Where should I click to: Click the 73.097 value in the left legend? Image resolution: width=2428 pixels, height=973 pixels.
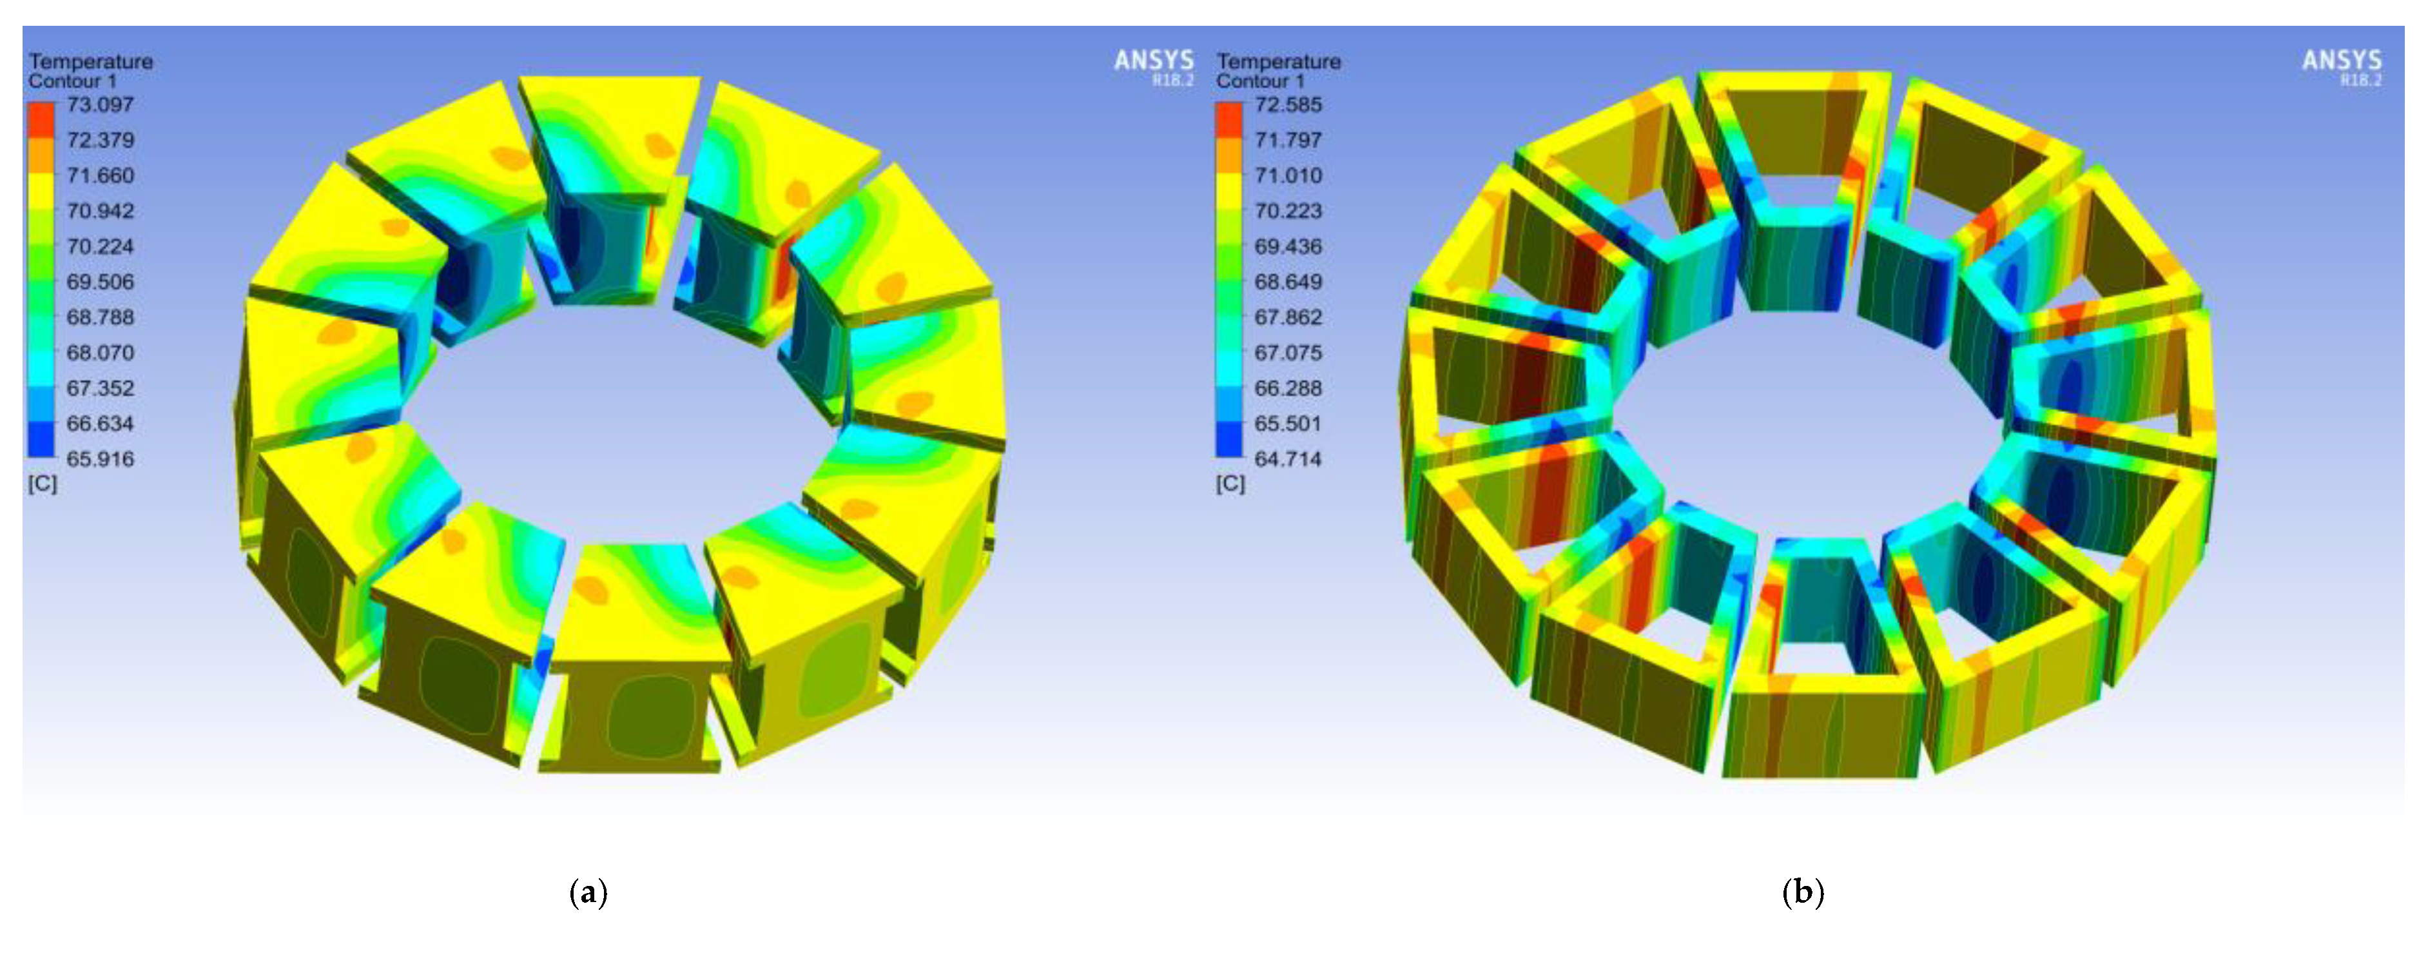[100, 104]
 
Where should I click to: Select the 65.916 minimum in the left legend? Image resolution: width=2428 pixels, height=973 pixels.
[100, 459]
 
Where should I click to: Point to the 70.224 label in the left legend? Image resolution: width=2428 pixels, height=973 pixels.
[100, 247]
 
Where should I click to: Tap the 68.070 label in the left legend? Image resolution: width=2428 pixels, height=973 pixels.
[100, 353]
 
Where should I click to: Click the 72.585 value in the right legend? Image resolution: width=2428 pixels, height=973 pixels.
[1288, 104]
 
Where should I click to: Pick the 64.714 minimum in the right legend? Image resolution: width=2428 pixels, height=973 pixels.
[1288, 459]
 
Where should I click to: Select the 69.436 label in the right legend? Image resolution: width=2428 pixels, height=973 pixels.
[1288, 247]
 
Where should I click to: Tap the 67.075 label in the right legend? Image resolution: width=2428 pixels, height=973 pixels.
[1288, 353]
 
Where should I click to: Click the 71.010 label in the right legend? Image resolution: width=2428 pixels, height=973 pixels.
[1288, 175]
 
